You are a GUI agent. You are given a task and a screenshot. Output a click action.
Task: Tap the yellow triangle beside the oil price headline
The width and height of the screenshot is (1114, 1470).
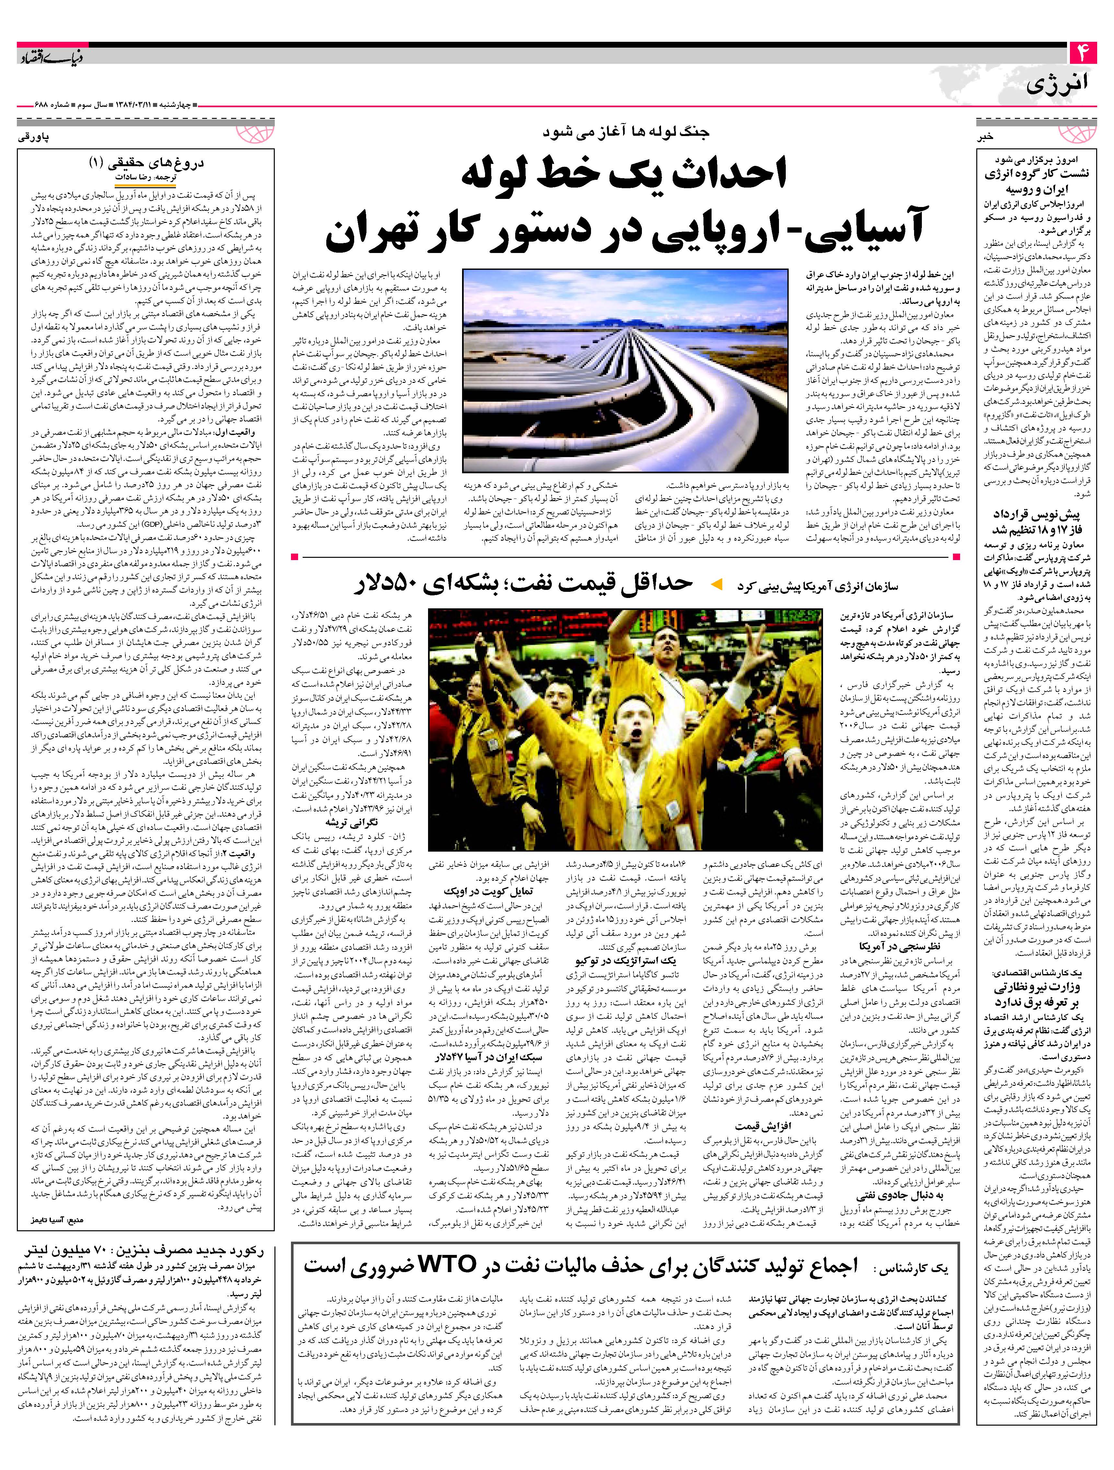[716, 585]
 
